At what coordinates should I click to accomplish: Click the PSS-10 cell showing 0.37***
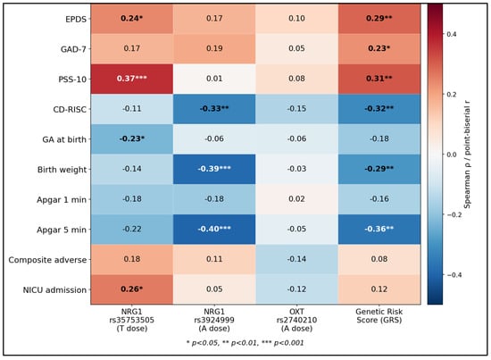132,79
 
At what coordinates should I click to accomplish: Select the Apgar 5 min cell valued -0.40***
214,229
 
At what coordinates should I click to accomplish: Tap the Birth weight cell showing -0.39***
214,169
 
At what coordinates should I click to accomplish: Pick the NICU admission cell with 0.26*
132,289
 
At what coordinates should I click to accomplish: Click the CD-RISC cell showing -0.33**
214,109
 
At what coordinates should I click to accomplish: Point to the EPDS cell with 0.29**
379,19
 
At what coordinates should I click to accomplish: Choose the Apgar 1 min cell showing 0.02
297,199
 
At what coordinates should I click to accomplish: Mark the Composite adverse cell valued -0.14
297,259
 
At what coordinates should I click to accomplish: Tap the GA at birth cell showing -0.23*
132,138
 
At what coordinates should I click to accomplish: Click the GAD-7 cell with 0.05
297,48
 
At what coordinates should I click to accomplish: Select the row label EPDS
76,19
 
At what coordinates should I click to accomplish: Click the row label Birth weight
62,170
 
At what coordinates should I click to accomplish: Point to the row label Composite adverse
47,260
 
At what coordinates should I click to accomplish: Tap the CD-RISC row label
70,109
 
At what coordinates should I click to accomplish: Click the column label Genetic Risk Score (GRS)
379,316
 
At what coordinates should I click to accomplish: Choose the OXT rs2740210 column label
297,320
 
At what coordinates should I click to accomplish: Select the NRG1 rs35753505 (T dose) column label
132,320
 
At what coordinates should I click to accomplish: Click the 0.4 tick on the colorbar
452,34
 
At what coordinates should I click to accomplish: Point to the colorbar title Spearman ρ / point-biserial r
467,155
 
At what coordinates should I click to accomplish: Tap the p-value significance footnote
245,343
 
